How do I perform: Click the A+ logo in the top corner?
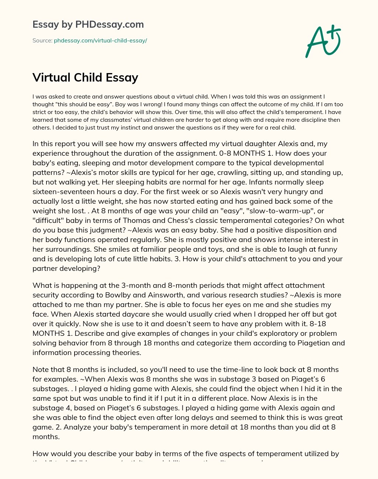pos(323,41)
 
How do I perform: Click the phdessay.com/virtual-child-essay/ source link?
pos(100,41)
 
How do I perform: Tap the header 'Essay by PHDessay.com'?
pos(88,24)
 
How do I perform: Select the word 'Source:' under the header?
pos(42,41)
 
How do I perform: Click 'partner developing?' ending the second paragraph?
pos(66,268)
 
